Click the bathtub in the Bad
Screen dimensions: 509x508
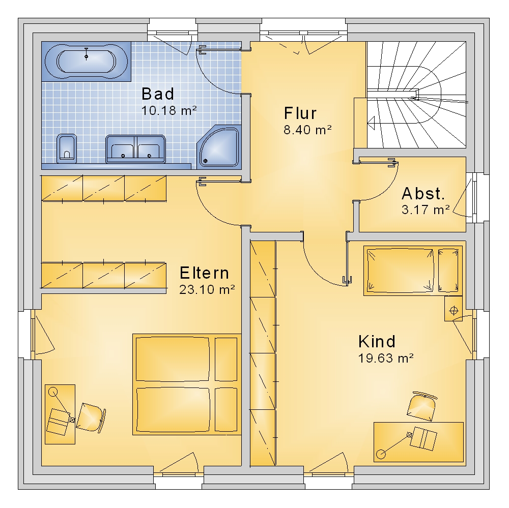point(86,62)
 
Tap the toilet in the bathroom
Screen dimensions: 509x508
point(67,148)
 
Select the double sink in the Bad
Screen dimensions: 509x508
point(135,149)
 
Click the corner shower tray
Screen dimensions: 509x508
point(219,146)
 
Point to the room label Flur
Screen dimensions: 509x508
point(300,113)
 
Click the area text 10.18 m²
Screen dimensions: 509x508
point(169,111)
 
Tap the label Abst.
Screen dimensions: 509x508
point(423,194)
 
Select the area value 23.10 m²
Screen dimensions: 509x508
point(207,289)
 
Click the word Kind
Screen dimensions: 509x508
point(377,341)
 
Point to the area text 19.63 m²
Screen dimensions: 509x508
point(386,358)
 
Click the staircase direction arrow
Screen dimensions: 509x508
point(372,123)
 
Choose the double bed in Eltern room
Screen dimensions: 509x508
point(187,384)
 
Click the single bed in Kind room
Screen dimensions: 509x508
point(413,271)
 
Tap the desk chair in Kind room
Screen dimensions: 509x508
point(422,406)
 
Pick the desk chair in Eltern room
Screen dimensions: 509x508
point(91,417)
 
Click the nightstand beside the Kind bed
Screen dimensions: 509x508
point(454,308)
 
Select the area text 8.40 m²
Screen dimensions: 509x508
point(308,130)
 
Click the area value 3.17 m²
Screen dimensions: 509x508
point(426,210)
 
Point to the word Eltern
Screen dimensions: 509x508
point(204,273)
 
